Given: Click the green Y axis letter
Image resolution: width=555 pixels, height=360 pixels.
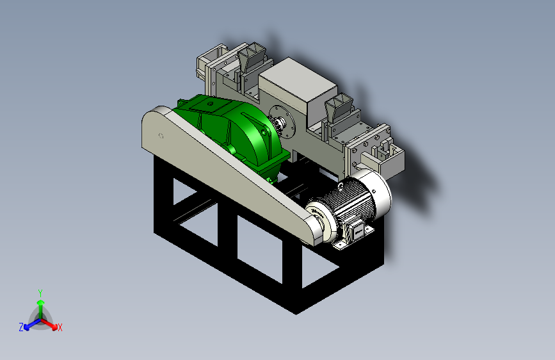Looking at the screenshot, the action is pyautogui.click(x=40, y=293).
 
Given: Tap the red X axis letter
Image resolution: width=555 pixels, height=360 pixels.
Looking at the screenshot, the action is pyautogui.click(x=60, y=328).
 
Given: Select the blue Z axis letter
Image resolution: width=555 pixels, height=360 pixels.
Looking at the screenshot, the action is pyautogui.click(x=21, y=327).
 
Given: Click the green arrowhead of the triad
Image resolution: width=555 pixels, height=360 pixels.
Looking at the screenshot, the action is pyautogui.click(x=41, y=303).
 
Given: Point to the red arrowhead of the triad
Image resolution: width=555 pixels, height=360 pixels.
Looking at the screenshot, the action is pyautogui.click(x=54, y=327).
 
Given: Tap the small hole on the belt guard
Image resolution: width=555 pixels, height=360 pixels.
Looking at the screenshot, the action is pyautogui.click(x=161, y=136).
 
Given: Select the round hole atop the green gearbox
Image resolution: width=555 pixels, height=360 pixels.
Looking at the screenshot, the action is pyautogui.click(x=210, y=104).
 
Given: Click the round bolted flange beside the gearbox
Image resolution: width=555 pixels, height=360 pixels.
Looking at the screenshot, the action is pyautogui.click(x=282, y=122).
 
